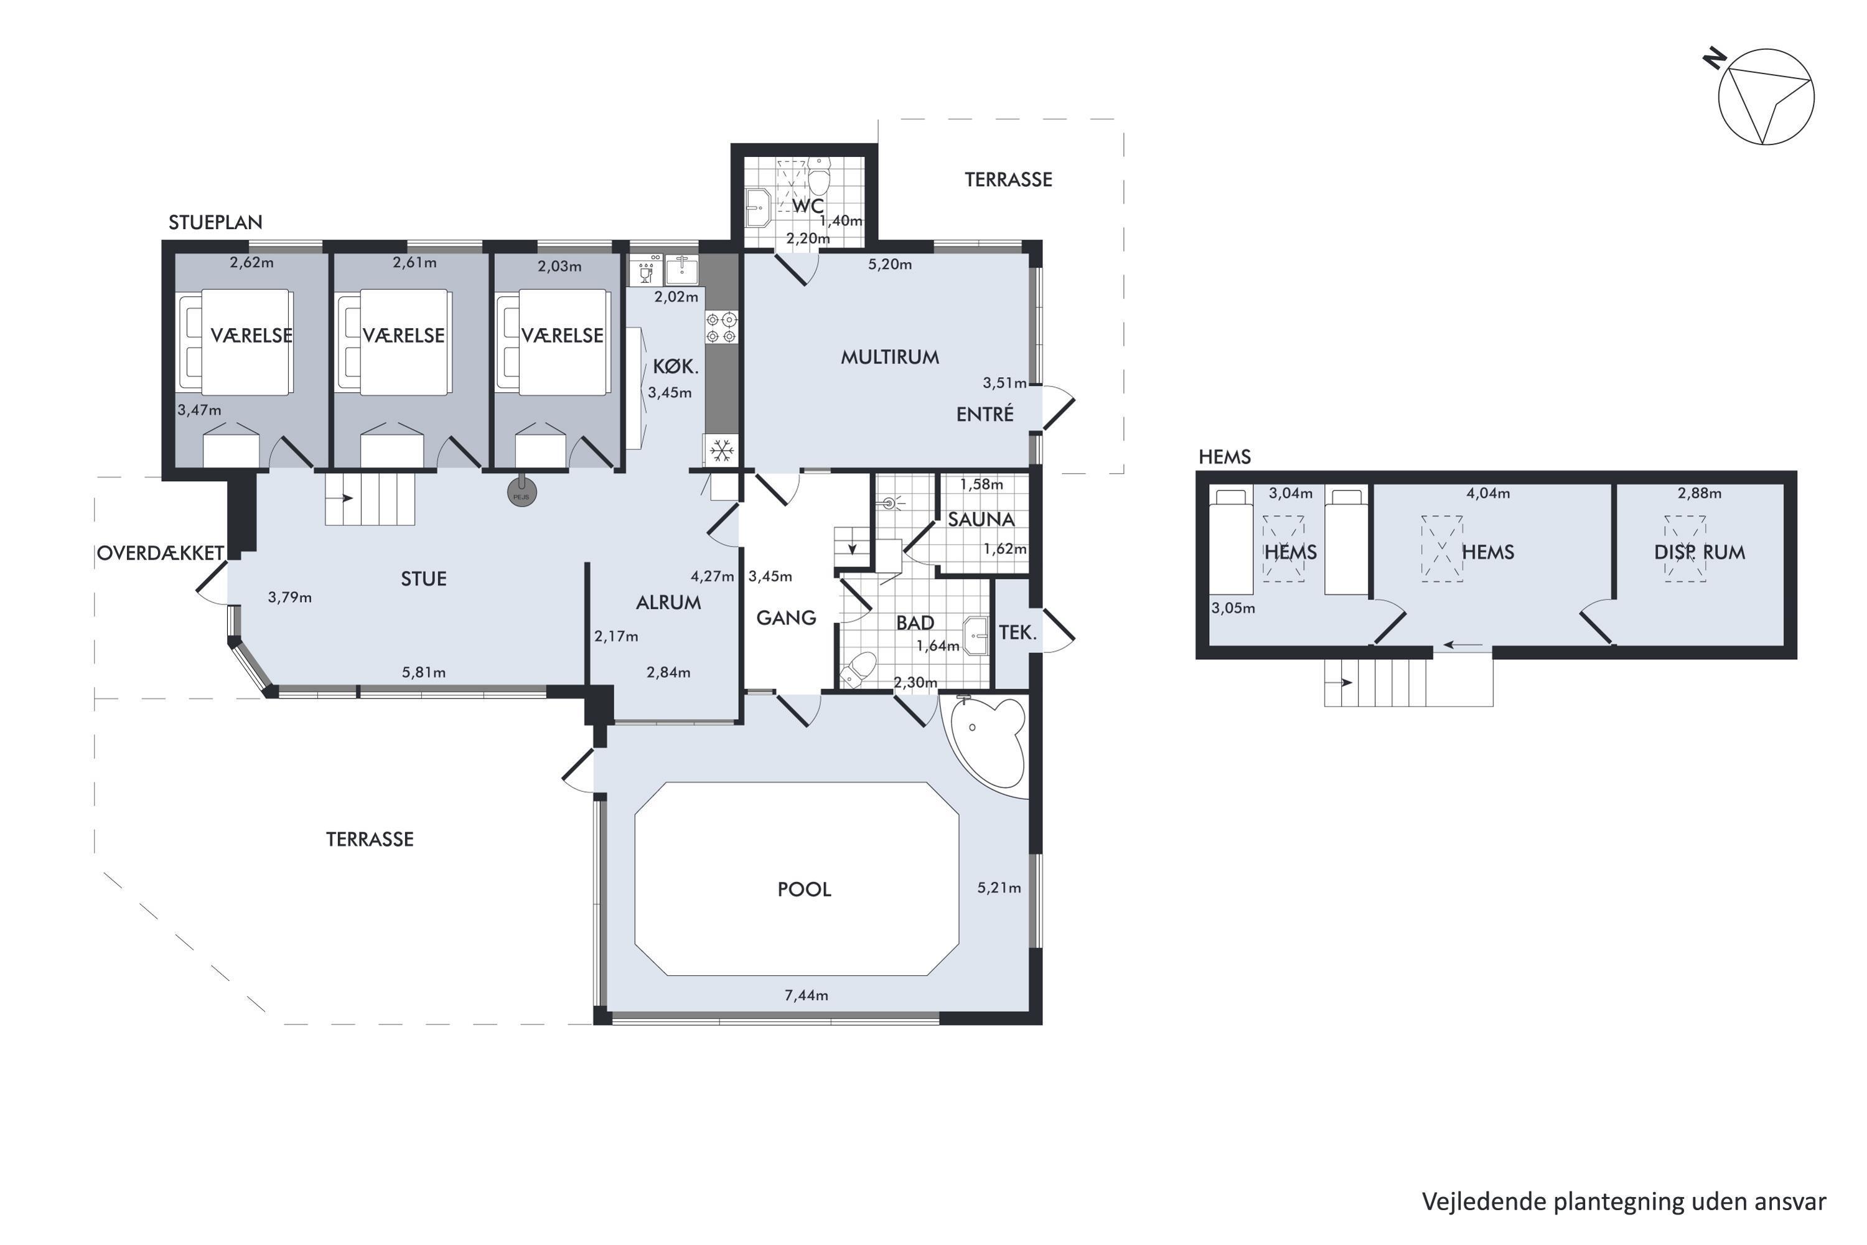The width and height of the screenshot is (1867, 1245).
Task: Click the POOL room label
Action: click(804, 890)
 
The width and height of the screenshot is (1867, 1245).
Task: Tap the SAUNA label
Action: click(981, 519)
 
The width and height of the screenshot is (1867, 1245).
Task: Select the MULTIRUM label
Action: click(890, 357)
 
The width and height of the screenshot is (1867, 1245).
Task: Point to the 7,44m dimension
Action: click(807, 995)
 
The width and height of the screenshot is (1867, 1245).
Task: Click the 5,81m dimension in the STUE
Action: click(424, 672)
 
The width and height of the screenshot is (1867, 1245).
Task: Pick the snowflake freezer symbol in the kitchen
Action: click(721, 451)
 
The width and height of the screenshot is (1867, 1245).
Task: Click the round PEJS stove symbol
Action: click(522, 493)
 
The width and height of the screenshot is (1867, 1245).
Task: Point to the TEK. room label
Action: click(1018, 633)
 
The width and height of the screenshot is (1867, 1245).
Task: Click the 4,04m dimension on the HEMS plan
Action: click(1487, 493)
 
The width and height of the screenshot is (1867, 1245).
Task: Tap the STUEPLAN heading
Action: click(215, 222)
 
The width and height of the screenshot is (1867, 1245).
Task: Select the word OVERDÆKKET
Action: click(161, 553)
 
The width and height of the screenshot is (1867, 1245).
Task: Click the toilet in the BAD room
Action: click(858, 669)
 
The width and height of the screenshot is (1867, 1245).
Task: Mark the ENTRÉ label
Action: click(985, 414)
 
